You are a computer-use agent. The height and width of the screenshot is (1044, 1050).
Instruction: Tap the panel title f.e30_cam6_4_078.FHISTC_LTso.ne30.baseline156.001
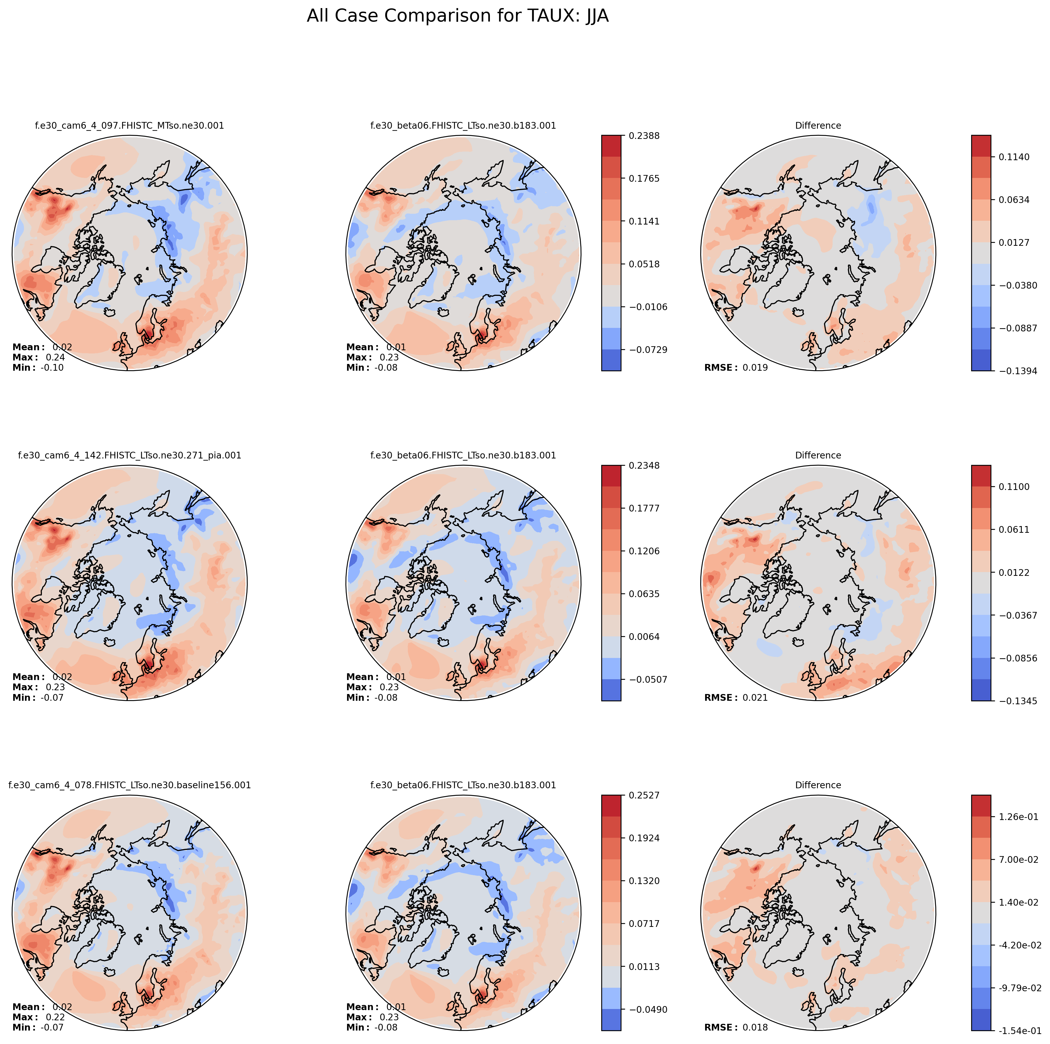[x=129, y=785]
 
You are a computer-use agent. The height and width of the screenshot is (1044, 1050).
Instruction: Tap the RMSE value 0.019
[x=755, y=367]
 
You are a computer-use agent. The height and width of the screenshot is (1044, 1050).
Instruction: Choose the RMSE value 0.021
[x=755, y=698]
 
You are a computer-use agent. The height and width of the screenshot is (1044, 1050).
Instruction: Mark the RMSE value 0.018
[x=755, y=1028]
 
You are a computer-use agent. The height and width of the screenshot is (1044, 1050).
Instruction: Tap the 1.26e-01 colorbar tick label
[x=1015, y=817]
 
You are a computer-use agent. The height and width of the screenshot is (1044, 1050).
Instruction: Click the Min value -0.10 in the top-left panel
[x=52, y=367]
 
